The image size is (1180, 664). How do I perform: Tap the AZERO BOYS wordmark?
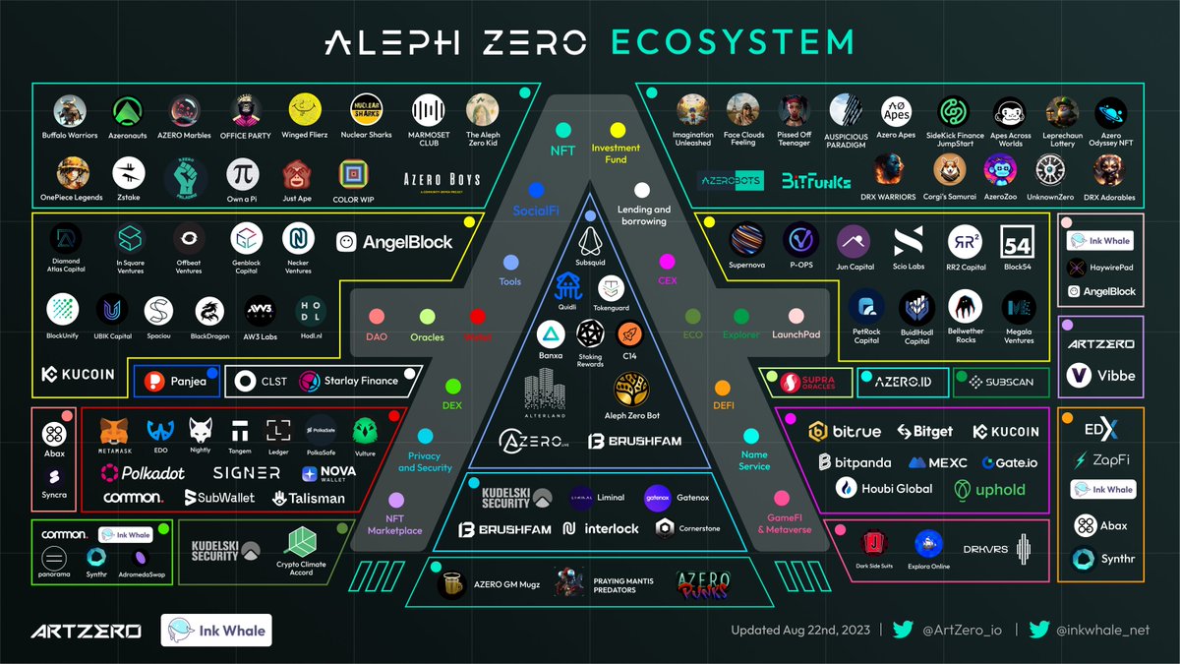442,179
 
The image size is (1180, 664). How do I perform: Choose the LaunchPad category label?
801,335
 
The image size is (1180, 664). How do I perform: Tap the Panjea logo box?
177,381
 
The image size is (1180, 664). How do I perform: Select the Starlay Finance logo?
348,381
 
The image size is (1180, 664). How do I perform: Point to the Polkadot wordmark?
142,472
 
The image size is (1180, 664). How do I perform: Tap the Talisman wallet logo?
309,498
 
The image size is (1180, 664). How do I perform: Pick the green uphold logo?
986,489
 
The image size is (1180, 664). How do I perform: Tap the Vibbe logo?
1100,375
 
